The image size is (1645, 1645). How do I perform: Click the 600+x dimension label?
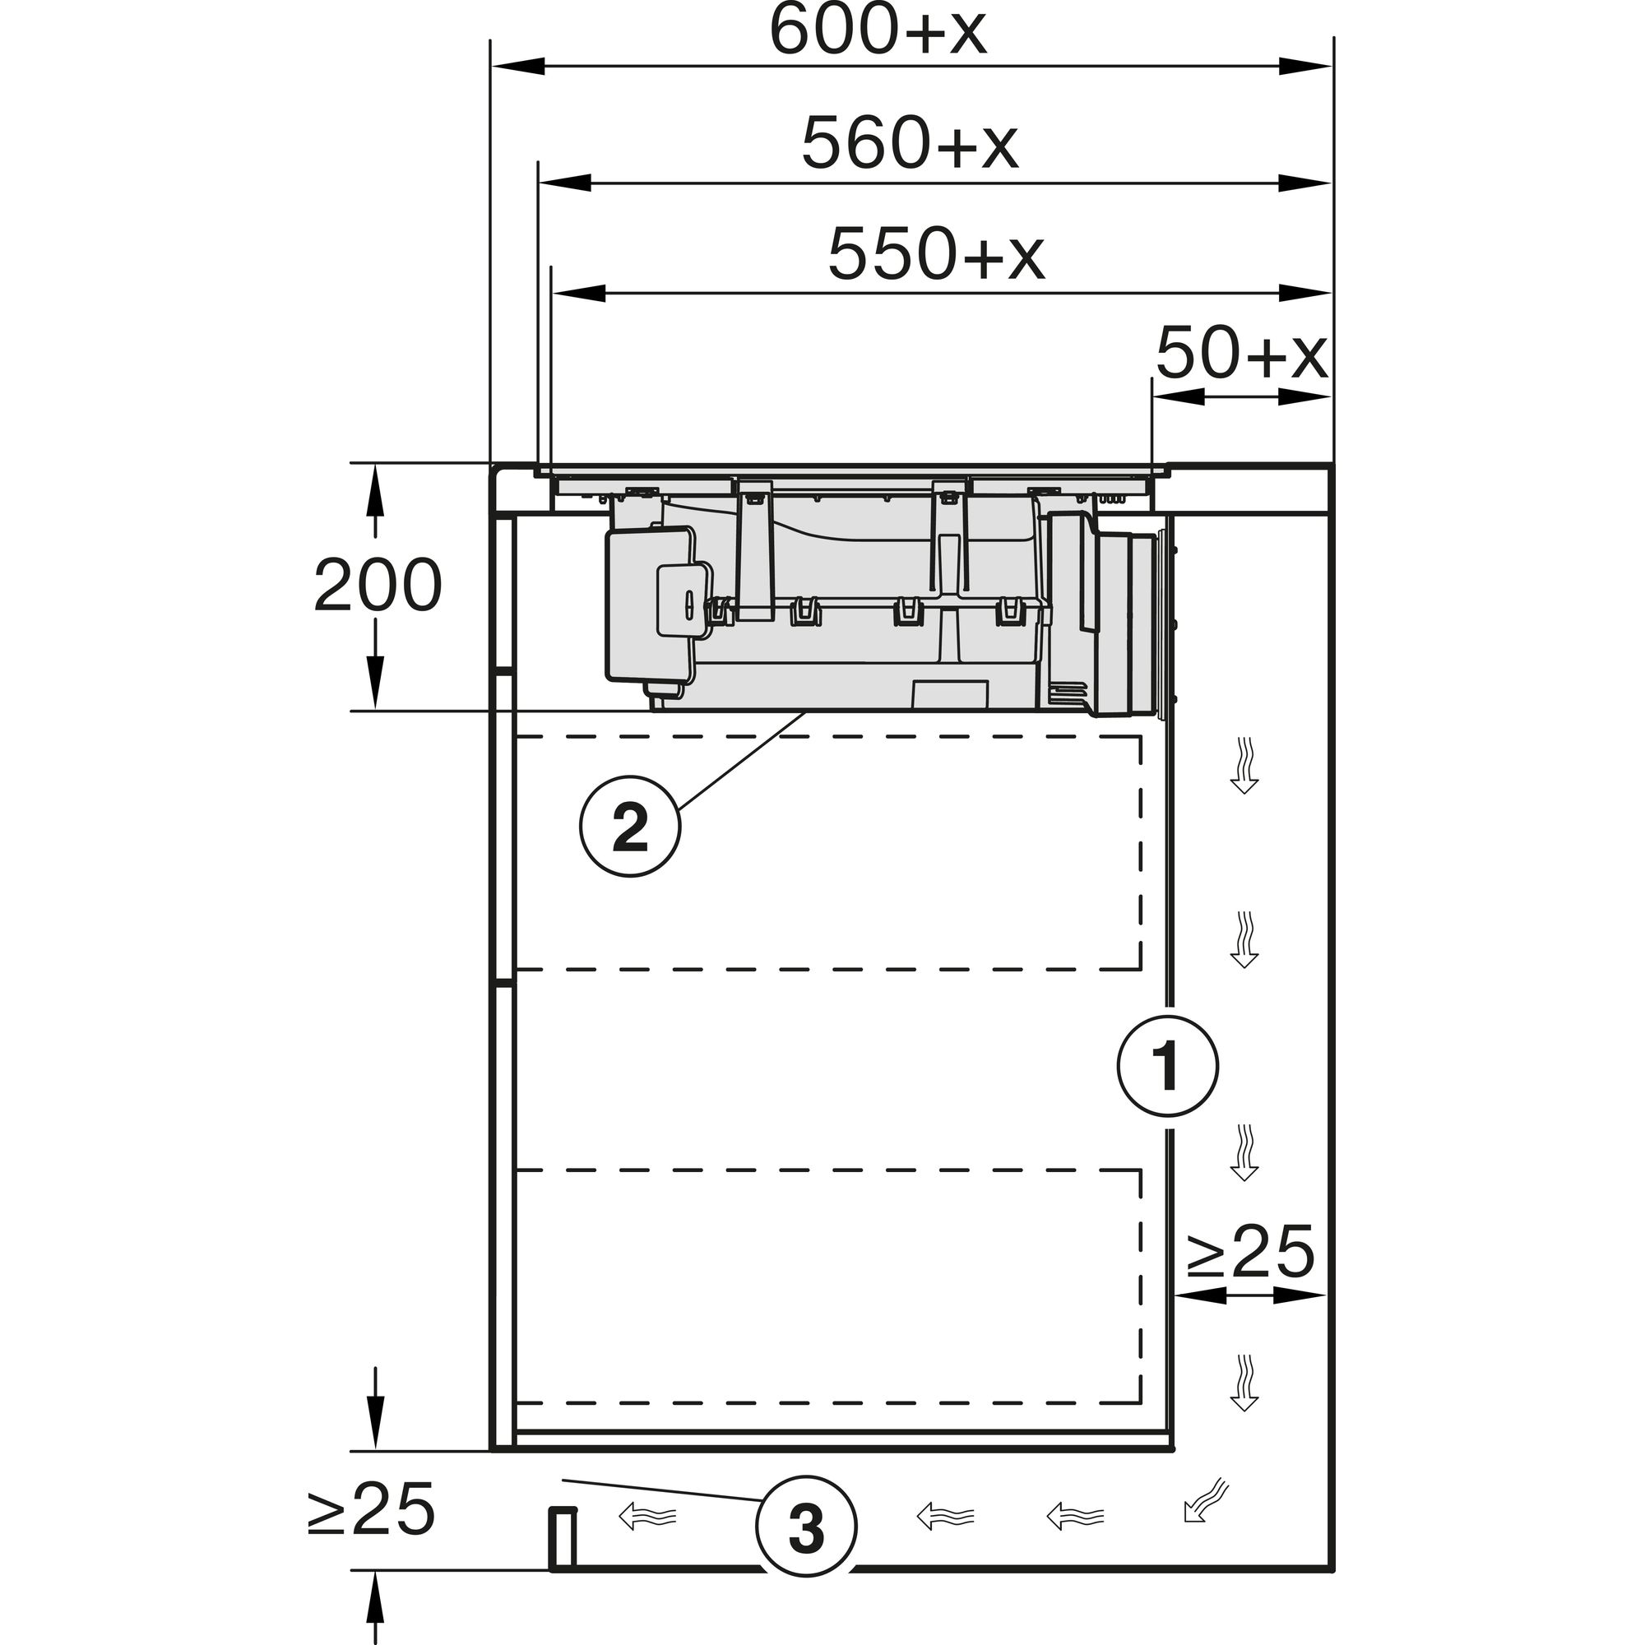click(877, 31)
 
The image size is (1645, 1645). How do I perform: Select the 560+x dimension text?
click(910, 144)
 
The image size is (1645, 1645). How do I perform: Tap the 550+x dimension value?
click(936, 253)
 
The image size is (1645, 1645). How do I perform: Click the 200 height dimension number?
click(378, 585)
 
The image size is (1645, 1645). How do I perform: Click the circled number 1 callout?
click(1167, 1065)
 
